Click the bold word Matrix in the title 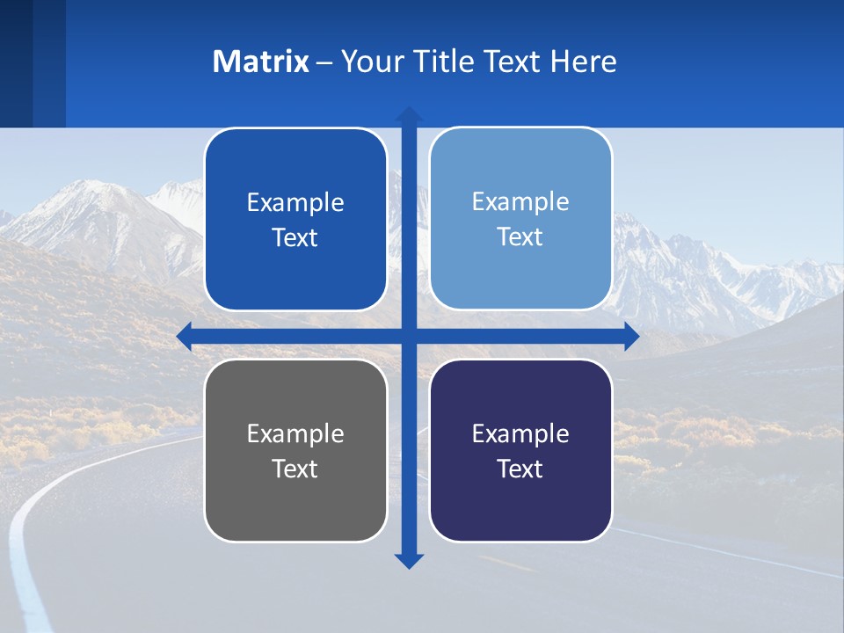click(260, 62)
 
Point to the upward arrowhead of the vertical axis click(409, 115)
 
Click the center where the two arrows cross click(409, 336)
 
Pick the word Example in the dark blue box click(295, 203)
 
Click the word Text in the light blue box click(520, 237)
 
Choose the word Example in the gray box click(295, 433)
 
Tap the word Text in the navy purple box click(520, 469)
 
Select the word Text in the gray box click(295, 469)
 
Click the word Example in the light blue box click(520, 202)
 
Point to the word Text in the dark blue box click(295, 238)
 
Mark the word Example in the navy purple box click(520, 433)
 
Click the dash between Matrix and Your click(324, 62)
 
